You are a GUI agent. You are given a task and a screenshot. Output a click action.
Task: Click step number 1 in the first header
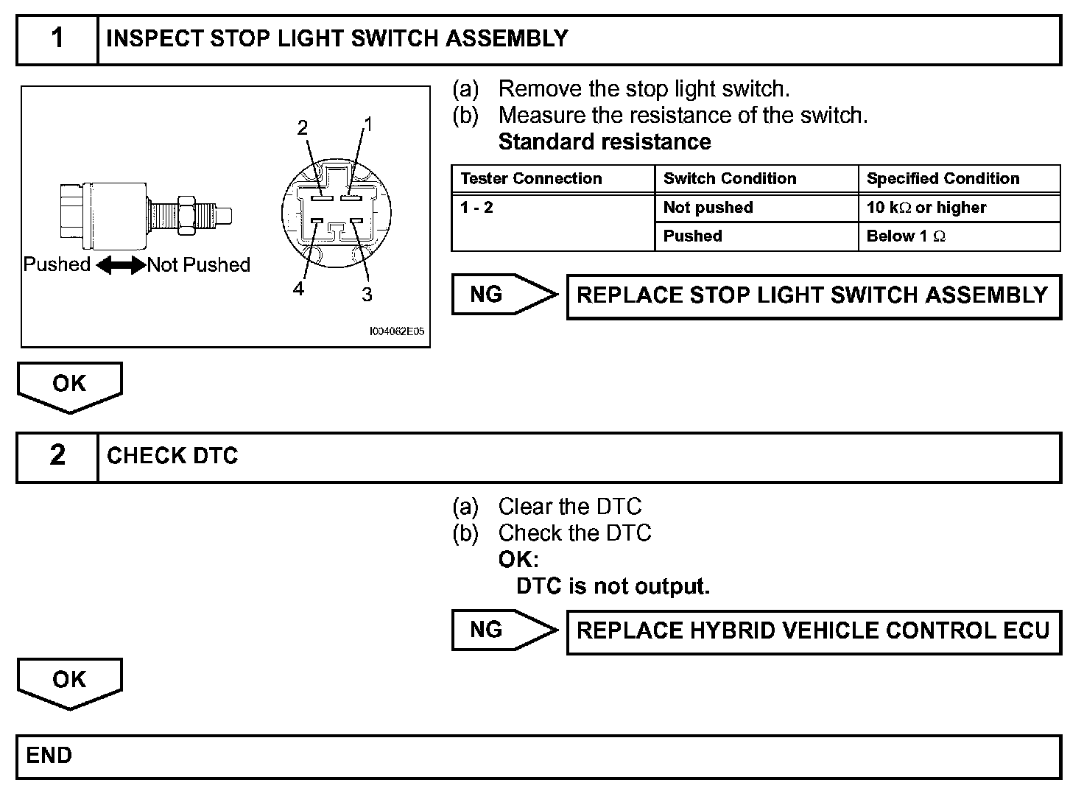tap(57, 38)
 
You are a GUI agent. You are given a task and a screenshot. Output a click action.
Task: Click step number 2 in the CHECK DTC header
tap(57, 455)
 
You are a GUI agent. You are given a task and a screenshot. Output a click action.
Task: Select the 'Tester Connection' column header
tap(531, 179)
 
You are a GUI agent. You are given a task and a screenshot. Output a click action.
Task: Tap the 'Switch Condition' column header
tap(730, 179)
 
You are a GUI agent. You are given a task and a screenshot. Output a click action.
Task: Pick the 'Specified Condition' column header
tap(943, 179)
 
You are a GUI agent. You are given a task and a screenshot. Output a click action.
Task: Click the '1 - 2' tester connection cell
tap(477, 208)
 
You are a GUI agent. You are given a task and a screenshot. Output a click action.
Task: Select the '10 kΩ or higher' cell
tap(926, 208)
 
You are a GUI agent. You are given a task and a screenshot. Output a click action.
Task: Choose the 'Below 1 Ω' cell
tap(906, 236)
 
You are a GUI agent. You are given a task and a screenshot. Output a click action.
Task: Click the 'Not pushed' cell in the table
tap(708, 208)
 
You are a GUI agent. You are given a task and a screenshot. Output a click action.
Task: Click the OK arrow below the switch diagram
tap(69, 385)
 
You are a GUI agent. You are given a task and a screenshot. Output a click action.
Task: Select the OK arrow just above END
tap(69, 681)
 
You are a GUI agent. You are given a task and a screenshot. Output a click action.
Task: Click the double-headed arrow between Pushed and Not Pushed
tap(120, 265)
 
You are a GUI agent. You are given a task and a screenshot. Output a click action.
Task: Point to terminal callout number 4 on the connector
tap(298, 289)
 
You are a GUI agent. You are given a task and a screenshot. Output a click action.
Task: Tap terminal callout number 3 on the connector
tap(367, 295)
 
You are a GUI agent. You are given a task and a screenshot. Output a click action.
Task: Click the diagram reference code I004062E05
tap(396, 332)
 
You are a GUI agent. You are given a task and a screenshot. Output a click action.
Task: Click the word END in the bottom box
tap(49, 756)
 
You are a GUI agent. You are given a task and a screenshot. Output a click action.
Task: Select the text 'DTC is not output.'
tap(613, 586)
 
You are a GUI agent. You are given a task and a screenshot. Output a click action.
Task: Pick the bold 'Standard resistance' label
tap(605, 142)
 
